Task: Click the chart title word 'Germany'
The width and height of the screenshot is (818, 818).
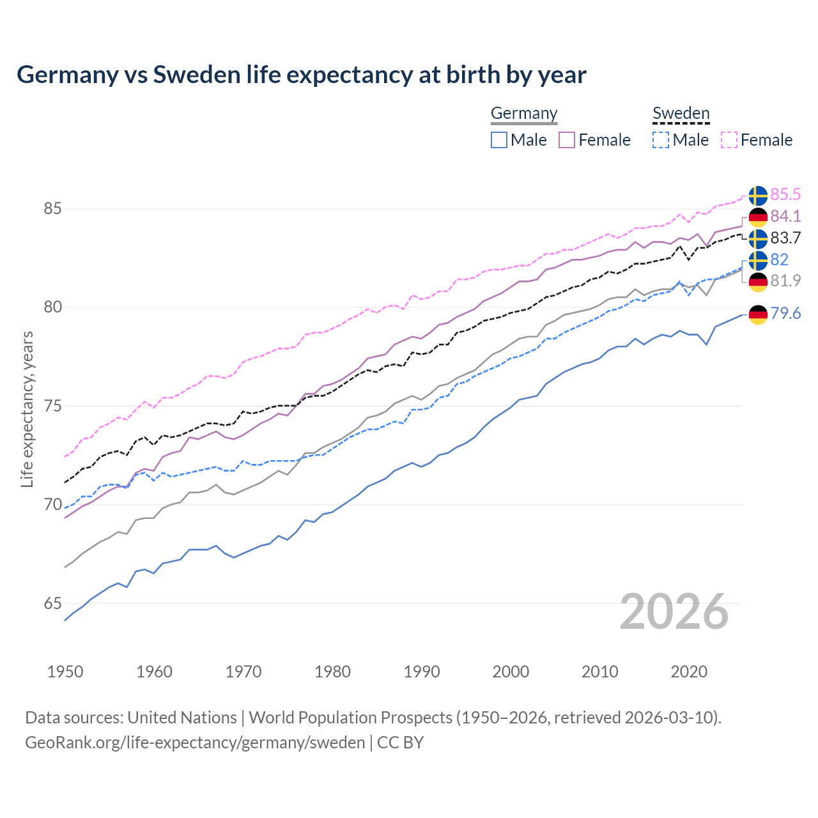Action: point(67,75)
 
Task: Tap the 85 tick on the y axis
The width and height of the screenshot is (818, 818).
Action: point(53,209)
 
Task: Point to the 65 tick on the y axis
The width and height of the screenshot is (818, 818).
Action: point(53,604)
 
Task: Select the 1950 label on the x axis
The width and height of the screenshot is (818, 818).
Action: point(65,672)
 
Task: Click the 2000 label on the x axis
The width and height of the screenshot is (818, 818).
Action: point(511,672)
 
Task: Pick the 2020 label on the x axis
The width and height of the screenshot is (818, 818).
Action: point(689,672)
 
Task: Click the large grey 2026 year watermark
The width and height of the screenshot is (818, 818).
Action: point(674,612)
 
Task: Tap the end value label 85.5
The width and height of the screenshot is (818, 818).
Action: point(785,194)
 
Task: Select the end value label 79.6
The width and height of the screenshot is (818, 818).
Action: point(785,313)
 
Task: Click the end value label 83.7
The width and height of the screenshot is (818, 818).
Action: point(785,238)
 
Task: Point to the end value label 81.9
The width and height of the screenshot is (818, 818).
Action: point(785,281)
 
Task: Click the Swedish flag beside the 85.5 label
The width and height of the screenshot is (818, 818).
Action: point(758,196)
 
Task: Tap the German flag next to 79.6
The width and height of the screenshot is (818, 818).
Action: point(758,314)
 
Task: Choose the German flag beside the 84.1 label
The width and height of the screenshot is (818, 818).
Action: point(758,217)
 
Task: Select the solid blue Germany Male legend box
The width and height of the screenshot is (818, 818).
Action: point(499,140)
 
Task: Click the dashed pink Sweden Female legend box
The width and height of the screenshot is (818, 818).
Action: point(729,140)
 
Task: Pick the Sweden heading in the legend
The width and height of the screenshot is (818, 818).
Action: point(681,113)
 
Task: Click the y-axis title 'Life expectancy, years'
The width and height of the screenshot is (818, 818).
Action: point(27,409)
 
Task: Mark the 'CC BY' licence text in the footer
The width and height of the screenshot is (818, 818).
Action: point(400,743)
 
